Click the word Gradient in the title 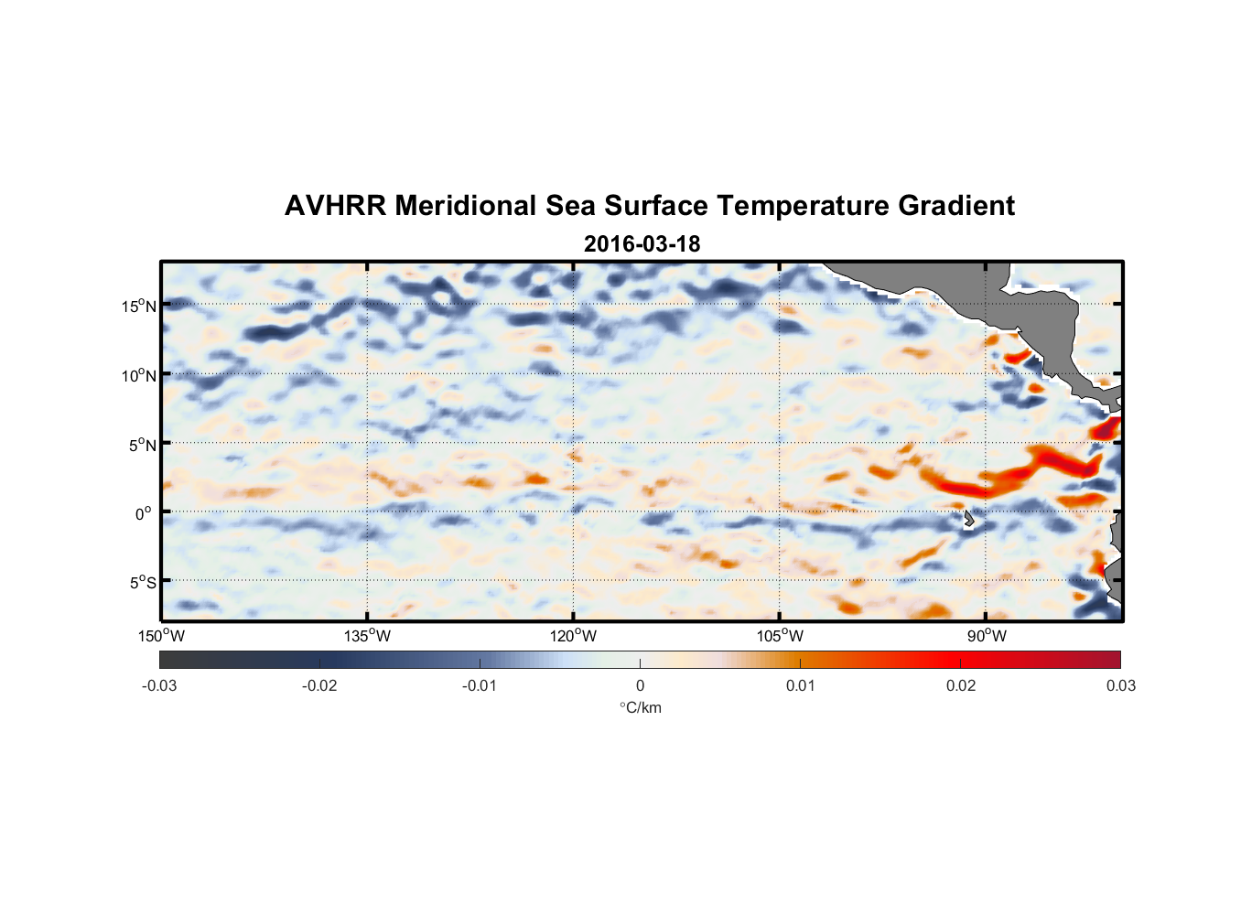[x=956, y=206]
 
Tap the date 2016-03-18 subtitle [x=642, y=244]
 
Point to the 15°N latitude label [x=138, y=306]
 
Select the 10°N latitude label [x=138, y=375]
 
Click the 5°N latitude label [x=141, y=445]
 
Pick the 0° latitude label [x=144, y=513]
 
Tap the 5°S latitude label [x=141, y=582]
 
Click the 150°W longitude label [x=161, y=636]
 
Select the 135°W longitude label [x=367, y=636]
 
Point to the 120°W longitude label [x=573, y=636]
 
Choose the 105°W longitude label [x=780, y=636]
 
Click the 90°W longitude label [x=987, y=636]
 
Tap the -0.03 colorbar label [x=159, y=685]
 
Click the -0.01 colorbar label [x=479, y=685]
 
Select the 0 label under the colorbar [x=640, y=685]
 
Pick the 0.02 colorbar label [x=961, y=685]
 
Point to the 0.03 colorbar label [x=1120, y=685]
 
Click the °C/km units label [x=641, y=707]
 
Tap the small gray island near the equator [x=968, y=519]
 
